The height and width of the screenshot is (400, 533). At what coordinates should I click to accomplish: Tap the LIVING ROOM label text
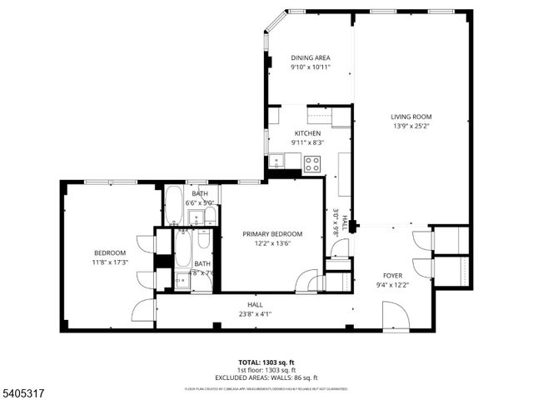(x=412, y=117)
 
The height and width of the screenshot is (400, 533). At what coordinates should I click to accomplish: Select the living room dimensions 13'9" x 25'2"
(x=412, y=127)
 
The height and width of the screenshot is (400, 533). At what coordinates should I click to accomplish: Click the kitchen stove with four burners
(x=312, y=163)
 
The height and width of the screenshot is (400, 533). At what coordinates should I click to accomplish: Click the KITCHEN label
(x=307, y=133)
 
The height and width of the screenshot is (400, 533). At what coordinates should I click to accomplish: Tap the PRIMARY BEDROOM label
(x=272, y=234)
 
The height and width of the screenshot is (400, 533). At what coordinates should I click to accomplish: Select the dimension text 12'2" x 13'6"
(x=272, y=244)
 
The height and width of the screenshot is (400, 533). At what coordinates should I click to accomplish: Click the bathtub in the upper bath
(x=174, y=206)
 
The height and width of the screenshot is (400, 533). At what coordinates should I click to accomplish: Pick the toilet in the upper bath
(x=210, y=217)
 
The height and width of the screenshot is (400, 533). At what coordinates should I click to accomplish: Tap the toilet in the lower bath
(x=182, y=280)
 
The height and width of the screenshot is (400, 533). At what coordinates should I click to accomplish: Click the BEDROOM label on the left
(x=110, y=253)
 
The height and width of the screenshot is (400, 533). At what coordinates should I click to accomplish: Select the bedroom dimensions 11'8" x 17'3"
(x=110, y=263)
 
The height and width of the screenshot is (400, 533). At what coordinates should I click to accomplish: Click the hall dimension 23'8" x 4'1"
(x=254, y=314)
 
